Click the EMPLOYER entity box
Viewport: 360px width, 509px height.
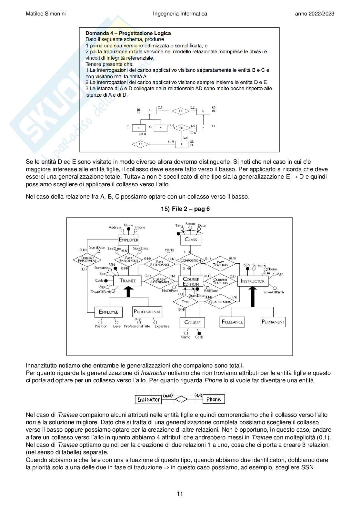click(x=128, y=240)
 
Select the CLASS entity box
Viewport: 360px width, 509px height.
click(x=191, y=240)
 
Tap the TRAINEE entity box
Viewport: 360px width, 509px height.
click(x=128, y=281)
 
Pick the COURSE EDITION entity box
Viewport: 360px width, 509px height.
click(x=191, y=281)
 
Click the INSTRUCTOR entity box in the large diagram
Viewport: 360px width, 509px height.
click(x=252, y=281)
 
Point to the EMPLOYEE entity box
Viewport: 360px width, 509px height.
click(x=108, y=312)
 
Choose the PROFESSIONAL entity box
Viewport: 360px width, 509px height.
click(x=147, y=312)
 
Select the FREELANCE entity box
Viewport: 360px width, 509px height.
click(x=232, y=322)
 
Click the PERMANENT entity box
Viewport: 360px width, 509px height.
click(x=273, y=322)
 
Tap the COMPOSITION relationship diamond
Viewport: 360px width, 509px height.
click(x=191, y=260)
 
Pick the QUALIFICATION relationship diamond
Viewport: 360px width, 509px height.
click(x=220, y=302)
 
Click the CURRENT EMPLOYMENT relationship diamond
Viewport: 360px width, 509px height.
click(x=87, y=259)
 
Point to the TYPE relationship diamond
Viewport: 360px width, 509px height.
click(x=185, y=302)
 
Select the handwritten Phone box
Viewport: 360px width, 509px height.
click(x=214, y=399)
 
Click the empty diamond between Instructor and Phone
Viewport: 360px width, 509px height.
click(x=181, y=399)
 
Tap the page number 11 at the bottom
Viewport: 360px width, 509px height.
click(x=180, y=494)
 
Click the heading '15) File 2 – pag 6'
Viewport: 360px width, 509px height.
click(x=185, y=209)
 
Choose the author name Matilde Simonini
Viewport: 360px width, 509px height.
click(x=45, y=14)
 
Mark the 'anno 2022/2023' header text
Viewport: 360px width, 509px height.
click(x=315, y=14)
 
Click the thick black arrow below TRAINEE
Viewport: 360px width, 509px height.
click(x=129, y=292)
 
